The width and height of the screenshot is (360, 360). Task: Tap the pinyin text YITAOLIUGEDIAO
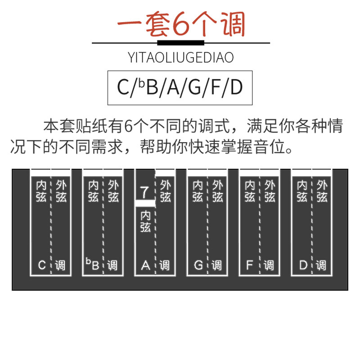181,58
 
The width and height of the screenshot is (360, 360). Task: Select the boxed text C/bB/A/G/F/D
180,87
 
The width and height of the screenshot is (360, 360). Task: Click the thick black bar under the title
181,43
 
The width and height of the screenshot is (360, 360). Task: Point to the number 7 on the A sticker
144,192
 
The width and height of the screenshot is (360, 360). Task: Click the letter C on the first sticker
42,265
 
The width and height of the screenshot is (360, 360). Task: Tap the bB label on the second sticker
93,265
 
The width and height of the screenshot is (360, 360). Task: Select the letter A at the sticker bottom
145,265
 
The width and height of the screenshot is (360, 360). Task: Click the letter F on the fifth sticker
250,265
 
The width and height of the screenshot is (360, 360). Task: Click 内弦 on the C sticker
41,191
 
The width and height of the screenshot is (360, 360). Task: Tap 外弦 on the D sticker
322,191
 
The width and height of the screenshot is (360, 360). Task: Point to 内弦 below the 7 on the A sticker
145,221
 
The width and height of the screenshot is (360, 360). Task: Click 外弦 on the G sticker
217,191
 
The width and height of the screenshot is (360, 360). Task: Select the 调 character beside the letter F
269,265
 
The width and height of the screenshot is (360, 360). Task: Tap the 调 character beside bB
112,265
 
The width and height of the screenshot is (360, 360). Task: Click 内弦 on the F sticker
250,191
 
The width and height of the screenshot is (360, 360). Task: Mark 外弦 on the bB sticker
113,191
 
